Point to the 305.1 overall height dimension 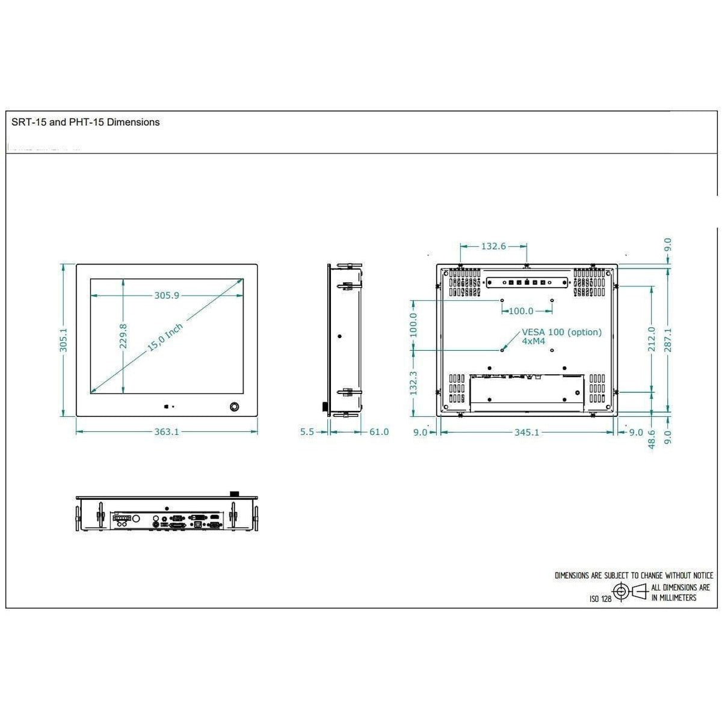tap(63, 339)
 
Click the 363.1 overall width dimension tap(167, 432)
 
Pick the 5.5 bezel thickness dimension tap(307, 432)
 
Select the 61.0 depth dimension tap(378, 432)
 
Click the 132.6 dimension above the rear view tap(493, 246)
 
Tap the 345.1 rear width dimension tap(526, 432)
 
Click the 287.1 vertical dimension tap(668, 339)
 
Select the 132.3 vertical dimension tap(413, 382)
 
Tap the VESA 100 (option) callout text tap(561, 332)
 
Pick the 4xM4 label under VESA tap(533, 341)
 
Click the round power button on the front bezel tap(234, 407)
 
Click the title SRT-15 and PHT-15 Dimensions tap(85, 122)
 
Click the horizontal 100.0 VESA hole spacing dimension tap(521, 311)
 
